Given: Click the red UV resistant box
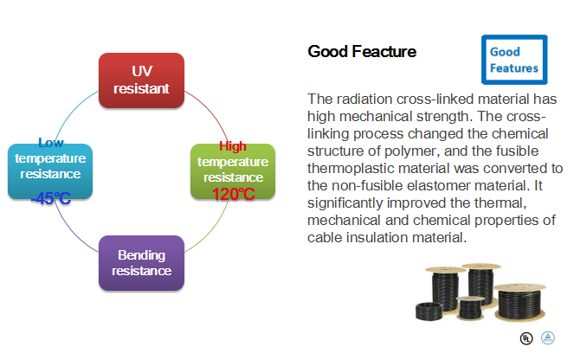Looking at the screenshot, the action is click(x=141, y=80).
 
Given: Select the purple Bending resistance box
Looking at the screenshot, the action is click(x=141, y=263).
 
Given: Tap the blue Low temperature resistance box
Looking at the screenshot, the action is click(x=50, y=171).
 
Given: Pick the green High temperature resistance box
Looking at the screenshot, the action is click(x=233, y=171).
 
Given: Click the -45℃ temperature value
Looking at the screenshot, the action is click(x=51, y=198).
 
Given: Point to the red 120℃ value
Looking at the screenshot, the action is click(x=234, y=195).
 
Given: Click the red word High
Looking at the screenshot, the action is click(x=233, y=146).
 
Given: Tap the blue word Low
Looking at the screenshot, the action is click(x=51, y=143).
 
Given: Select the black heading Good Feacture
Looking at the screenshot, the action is click(x=362, y=51).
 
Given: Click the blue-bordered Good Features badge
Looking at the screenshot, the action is click(x=514, y=60).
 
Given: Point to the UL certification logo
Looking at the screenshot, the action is click(x=526, y=338).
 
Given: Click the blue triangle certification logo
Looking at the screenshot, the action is click(x=548, y=337).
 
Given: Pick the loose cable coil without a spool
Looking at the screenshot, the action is click(x=429, y=311).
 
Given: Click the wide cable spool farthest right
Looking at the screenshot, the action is click(x=519, y=302).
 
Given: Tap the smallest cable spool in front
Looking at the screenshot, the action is click(x=470, y=307).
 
